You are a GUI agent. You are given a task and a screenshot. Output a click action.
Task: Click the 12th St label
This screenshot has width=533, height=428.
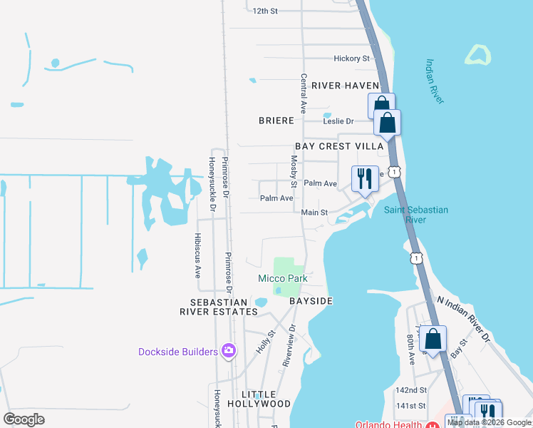264,11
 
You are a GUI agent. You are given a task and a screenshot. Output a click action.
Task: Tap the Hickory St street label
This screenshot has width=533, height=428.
352,58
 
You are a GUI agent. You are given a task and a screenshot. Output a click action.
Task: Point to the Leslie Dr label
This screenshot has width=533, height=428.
338,121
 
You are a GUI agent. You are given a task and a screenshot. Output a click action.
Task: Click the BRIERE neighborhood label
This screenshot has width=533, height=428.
276,121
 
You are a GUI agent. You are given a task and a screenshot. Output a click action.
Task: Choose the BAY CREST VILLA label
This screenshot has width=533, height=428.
339,146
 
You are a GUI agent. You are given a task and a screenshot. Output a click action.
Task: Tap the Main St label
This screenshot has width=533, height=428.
314,213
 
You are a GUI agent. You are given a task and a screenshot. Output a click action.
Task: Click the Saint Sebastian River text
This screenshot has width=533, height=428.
415,215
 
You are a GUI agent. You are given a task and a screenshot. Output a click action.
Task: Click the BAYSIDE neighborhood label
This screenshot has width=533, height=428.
311,302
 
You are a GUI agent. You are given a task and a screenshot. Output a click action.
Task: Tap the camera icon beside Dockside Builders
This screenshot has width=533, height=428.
229,351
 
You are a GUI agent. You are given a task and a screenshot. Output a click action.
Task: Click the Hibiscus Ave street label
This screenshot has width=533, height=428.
199,255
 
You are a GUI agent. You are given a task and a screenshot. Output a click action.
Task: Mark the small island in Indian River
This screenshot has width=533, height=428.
478,55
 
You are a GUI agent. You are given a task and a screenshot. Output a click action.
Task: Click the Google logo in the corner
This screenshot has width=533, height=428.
24,419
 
